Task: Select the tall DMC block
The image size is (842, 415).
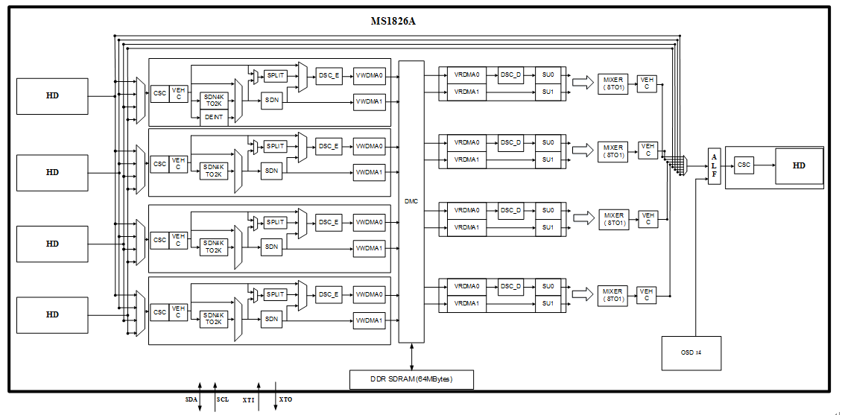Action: pyautogui.click(x=411, y=201)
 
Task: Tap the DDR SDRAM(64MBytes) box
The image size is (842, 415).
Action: pyautogui.click(x=411, y=379)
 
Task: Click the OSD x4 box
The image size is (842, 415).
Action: pyautogui.click(x=691, y=353)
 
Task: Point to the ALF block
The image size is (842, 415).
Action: pyautogui.click(x=714, y=166)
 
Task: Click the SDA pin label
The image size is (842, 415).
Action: pyautogui.click(x=191, y=399)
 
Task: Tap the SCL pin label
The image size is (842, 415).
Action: pyautogui.click(x=222, y=399)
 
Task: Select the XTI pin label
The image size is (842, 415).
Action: pyautogui.click(x=248, y=400)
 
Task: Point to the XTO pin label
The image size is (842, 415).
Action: pyautogui.click(x=285, y=400)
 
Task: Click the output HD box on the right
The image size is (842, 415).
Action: pyautogui.click(x=799, y=166)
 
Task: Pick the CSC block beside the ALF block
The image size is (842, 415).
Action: pyautogui.click(x=744, y=165)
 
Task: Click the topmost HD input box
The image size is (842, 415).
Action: pyautogui.click(x=52, y=96)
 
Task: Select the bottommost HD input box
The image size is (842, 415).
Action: pyautogui.click(x=52, y=315)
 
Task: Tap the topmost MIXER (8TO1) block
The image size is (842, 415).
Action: pyautogui.click(x=612, y=83)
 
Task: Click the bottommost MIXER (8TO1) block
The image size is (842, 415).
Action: pyautogui.click(x=612, y=295)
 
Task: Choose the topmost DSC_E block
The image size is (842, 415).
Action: pyautogui.click(x=329, y=76)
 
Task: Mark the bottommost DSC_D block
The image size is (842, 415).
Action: pyautogui.click(x=510, y=287)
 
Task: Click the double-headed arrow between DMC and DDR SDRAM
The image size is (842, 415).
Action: pyautogui.click(x=412, y=356)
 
